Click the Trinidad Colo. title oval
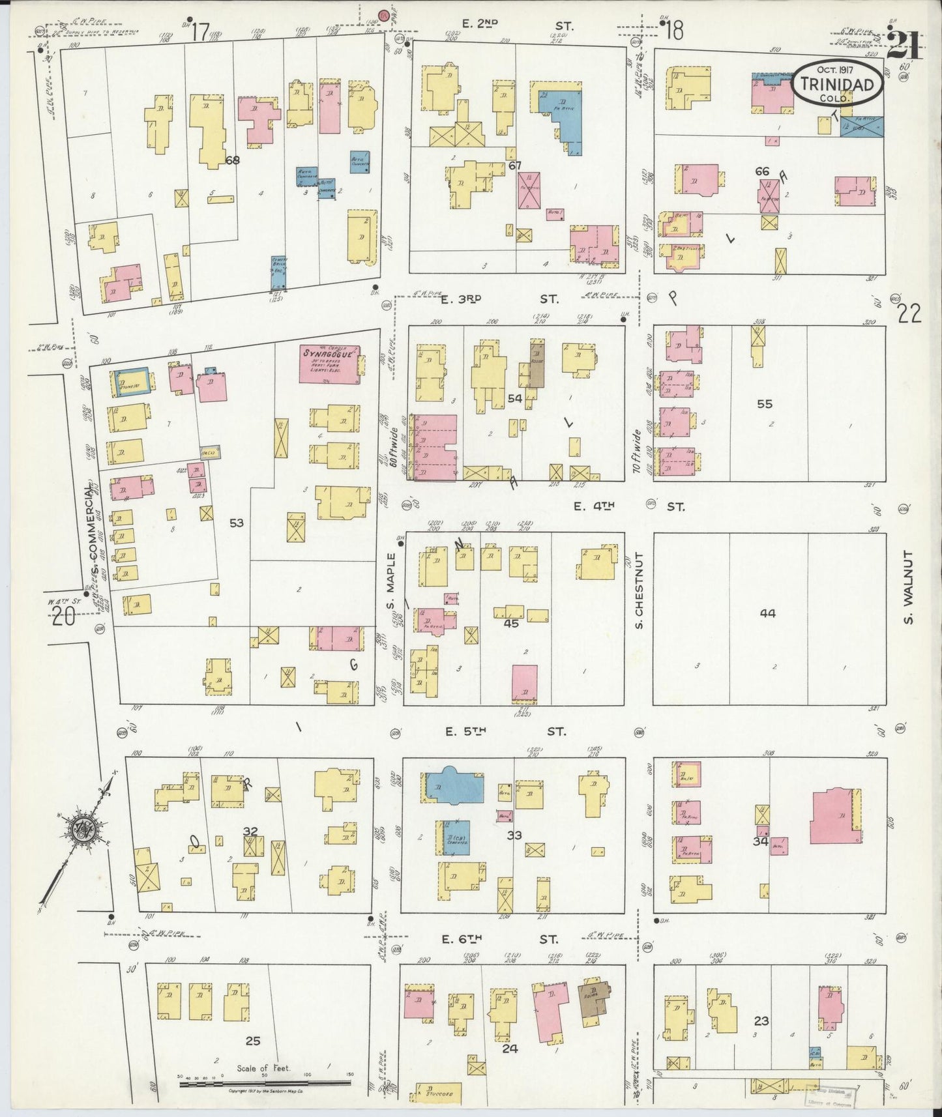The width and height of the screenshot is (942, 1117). [x=838, y=84]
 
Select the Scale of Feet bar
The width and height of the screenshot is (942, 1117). [x=264, y=1084]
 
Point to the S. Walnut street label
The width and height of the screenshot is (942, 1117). [x=909, y=587]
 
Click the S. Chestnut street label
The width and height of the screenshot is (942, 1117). [x=640, y=590]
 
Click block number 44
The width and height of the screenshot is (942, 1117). [x=767, y=613]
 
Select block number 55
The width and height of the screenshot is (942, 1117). [x=765, y=404]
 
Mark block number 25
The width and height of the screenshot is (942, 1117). [x=252, y=1041]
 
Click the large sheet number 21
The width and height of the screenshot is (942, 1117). [x=904, y=46]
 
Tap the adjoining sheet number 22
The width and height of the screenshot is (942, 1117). [x=909, y=314]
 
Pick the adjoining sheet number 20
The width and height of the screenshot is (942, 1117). [x=64, y=616]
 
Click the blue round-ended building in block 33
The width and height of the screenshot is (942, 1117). [x=454, y=785]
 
